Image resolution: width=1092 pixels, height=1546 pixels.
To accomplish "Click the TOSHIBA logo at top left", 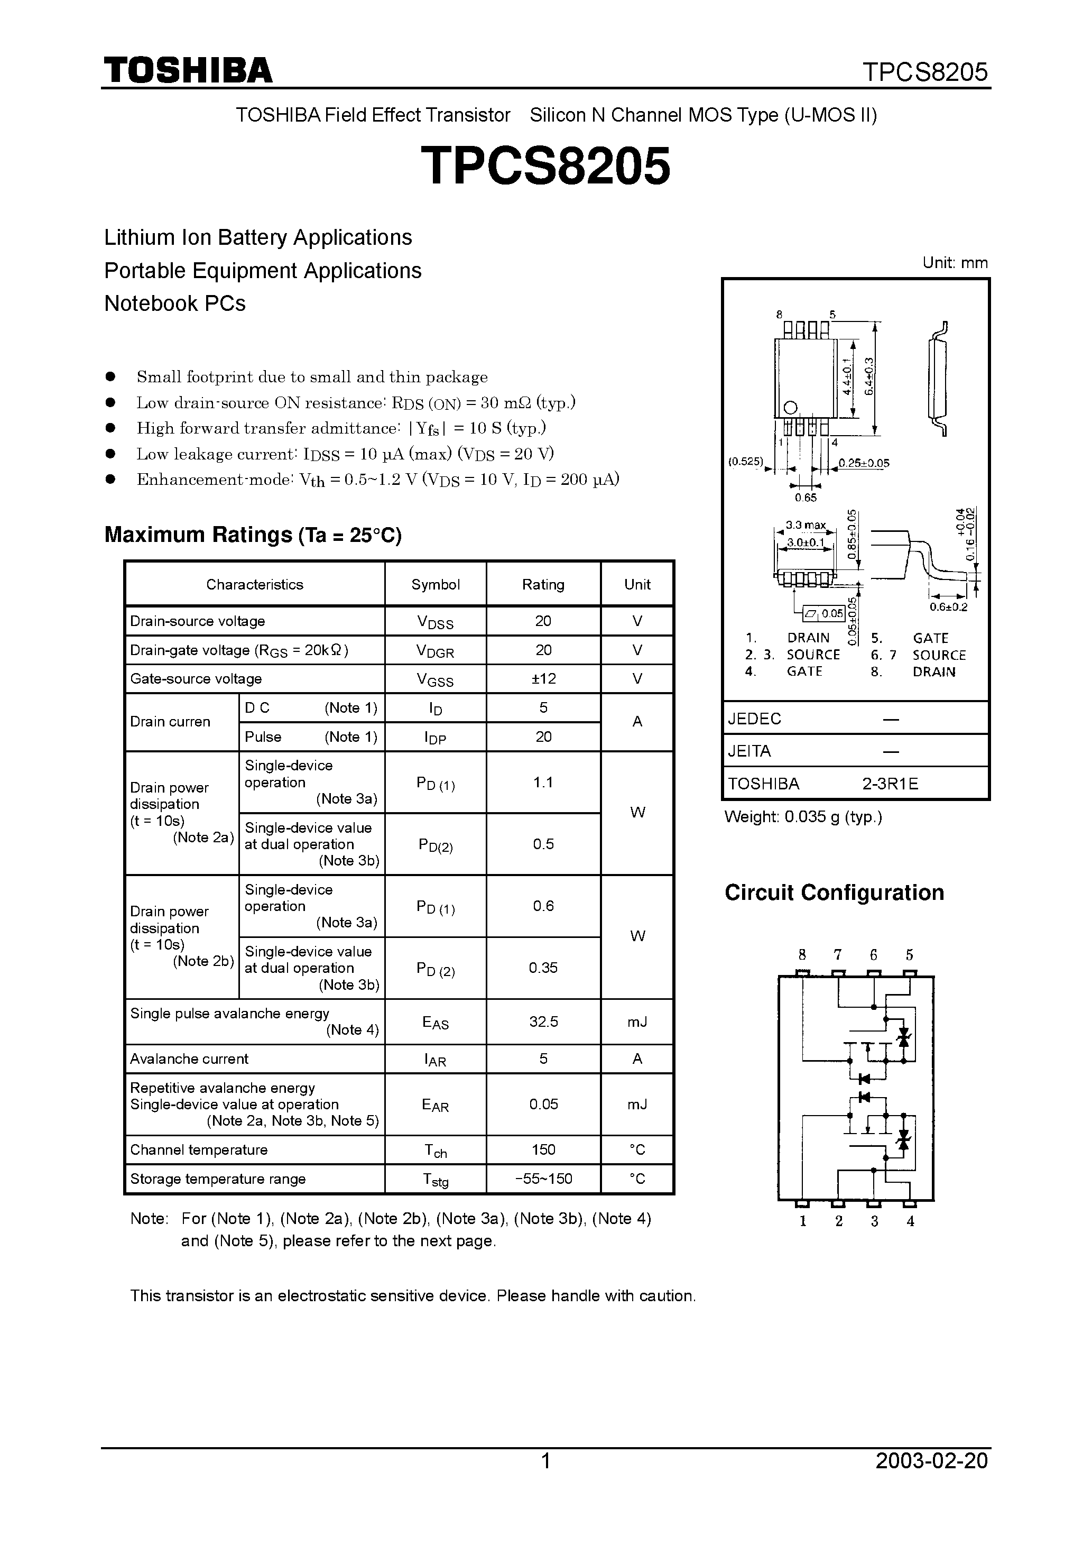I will (x=188, y=71).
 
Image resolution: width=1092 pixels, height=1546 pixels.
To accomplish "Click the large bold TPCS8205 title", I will (x=545, y=167).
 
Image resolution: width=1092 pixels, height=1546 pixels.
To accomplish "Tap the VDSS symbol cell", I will (x=435, y=622).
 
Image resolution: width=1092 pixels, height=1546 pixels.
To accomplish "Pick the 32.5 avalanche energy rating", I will (x=543, y=1022).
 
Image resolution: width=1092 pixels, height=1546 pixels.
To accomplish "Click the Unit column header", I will (x=637, y=584).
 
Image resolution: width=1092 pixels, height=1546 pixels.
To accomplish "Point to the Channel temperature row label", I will (x=199, y=1150).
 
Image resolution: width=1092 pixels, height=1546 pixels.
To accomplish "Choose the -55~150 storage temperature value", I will (x=543, y=1179).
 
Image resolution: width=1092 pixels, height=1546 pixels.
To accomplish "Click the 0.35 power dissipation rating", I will (x=543, y=968).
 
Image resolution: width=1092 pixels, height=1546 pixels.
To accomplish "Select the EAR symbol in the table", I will (x=435, y=1105).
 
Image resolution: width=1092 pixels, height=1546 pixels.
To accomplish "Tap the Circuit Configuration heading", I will (x=834, y=893).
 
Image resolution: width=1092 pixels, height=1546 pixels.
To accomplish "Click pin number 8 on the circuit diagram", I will (x=802, y=955).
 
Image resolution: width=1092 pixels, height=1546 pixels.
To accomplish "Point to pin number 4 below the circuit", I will (x=910, y=1222).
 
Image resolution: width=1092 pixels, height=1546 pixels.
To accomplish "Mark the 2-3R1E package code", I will (x=890, y=784).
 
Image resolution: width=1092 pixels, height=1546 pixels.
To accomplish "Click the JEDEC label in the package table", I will (x=754, y=719).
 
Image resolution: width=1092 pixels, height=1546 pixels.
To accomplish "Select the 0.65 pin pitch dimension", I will (x=805, y=498).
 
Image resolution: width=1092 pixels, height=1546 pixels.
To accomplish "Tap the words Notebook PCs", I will (x=175, y=303).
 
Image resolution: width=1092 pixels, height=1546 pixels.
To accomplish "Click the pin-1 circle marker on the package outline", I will (x=790, y=407).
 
